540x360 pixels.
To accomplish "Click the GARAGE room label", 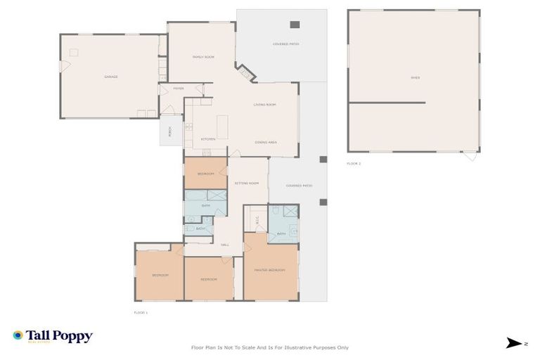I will point(110,77).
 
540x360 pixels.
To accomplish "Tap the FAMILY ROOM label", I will point(203,57).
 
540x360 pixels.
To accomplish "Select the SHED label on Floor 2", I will point(415,78).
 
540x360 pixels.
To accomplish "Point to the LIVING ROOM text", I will point(264,105).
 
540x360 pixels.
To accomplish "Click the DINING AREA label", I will point(265,142).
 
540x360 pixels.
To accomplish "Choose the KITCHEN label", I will point(208,139).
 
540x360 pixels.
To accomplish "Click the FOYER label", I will point(179,89).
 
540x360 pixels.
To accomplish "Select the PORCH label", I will point(169,131).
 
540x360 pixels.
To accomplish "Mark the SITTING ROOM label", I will point(247,183).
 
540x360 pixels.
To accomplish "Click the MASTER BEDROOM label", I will point(269,269).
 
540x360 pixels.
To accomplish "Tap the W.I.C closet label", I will point(258,219).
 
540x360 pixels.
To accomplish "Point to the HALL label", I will point(225,245).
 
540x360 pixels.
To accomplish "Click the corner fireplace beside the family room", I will point(245,72).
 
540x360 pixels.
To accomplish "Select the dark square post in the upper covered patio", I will point(295,23).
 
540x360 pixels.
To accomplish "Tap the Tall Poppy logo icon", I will point(18,336).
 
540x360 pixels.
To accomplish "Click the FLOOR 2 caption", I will point(354,163).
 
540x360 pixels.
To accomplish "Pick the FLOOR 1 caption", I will point(141,311).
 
